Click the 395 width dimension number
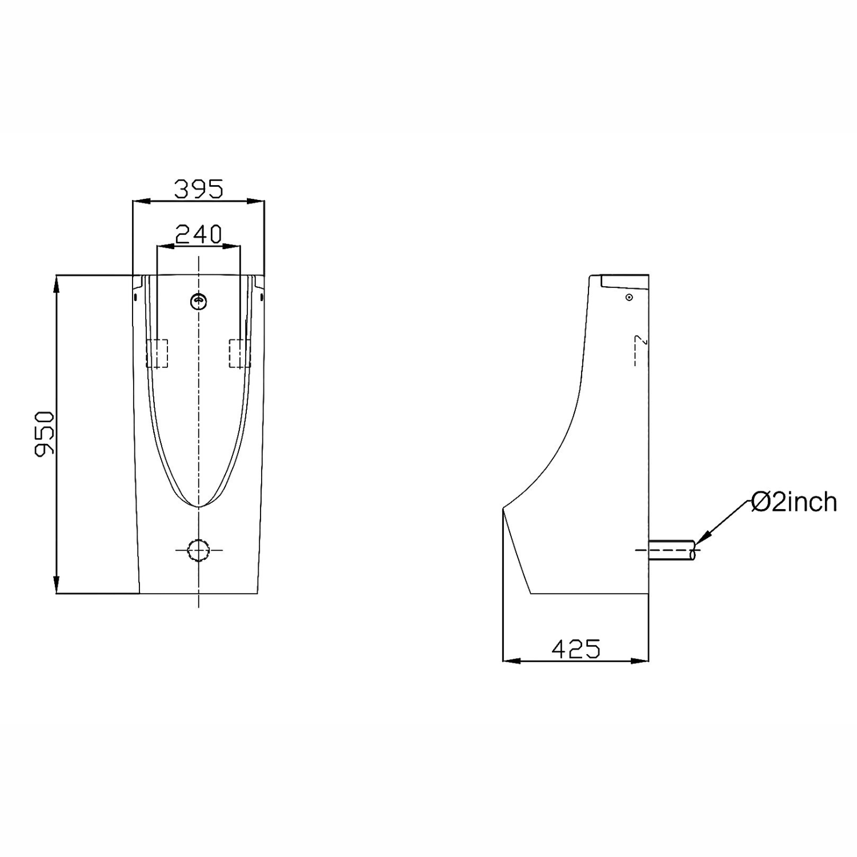coord(199,189)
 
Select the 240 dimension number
coord(198,234)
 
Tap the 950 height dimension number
coord(45,434)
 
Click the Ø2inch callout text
coord(794,502)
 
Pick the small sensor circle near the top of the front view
coord(198,301)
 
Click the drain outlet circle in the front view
coord(198,550)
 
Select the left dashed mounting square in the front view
coord(157,353)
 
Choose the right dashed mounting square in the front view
coord(240,353)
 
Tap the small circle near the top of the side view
coord(629,297)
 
